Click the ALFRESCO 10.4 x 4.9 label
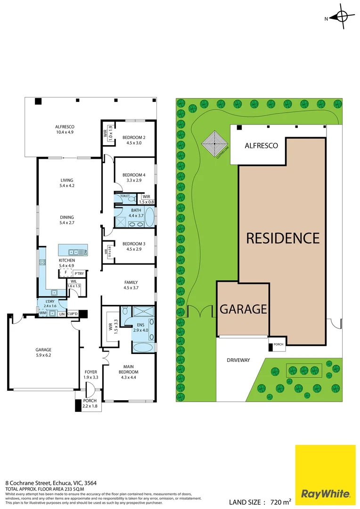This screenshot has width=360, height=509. [65, 130]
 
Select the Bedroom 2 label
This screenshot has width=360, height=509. [134, 140]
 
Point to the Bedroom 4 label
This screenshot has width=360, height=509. [134, 178]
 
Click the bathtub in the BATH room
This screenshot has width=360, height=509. [149, 218]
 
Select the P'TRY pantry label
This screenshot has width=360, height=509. [79, 273]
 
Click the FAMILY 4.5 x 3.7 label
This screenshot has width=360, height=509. [131, 285]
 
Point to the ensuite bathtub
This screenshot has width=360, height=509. [143, 348]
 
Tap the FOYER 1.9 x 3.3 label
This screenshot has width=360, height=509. [90, 375]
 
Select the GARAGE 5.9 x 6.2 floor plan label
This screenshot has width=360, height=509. [43, 353]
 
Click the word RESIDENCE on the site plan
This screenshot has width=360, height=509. [283, 238]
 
